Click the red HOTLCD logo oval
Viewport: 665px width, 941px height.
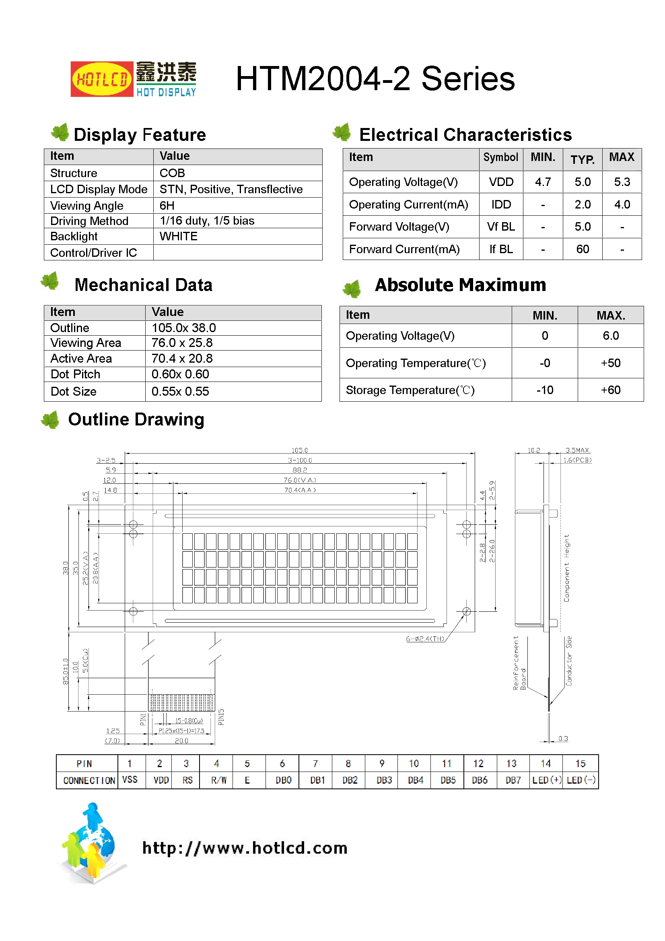(102, 79)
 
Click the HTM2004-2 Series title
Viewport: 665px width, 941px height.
(375, 79)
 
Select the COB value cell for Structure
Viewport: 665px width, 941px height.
(172, 173)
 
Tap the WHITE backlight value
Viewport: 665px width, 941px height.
(178, 237)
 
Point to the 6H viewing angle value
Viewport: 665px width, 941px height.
(167, 205)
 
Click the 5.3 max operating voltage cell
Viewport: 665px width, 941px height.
(622, 182)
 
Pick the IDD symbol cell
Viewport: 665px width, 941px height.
(501, 204)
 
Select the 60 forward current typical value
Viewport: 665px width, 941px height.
(582, 249)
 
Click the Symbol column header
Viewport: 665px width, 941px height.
(500, 157)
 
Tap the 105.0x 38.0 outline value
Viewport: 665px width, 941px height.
(183, 328)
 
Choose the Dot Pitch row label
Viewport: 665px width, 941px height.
(75, 374)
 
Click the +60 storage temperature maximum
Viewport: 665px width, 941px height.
(610, 390)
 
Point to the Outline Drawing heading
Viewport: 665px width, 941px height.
(136, 419)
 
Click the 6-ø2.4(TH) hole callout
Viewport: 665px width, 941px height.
(425, 638)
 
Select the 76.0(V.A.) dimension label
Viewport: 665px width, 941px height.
(300, 480)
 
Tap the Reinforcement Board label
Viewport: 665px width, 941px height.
(519, 663)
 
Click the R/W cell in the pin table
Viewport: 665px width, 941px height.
(219, 780)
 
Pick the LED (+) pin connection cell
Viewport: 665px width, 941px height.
(546, 780)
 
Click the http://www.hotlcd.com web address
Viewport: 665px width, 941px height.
(245, 848)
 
